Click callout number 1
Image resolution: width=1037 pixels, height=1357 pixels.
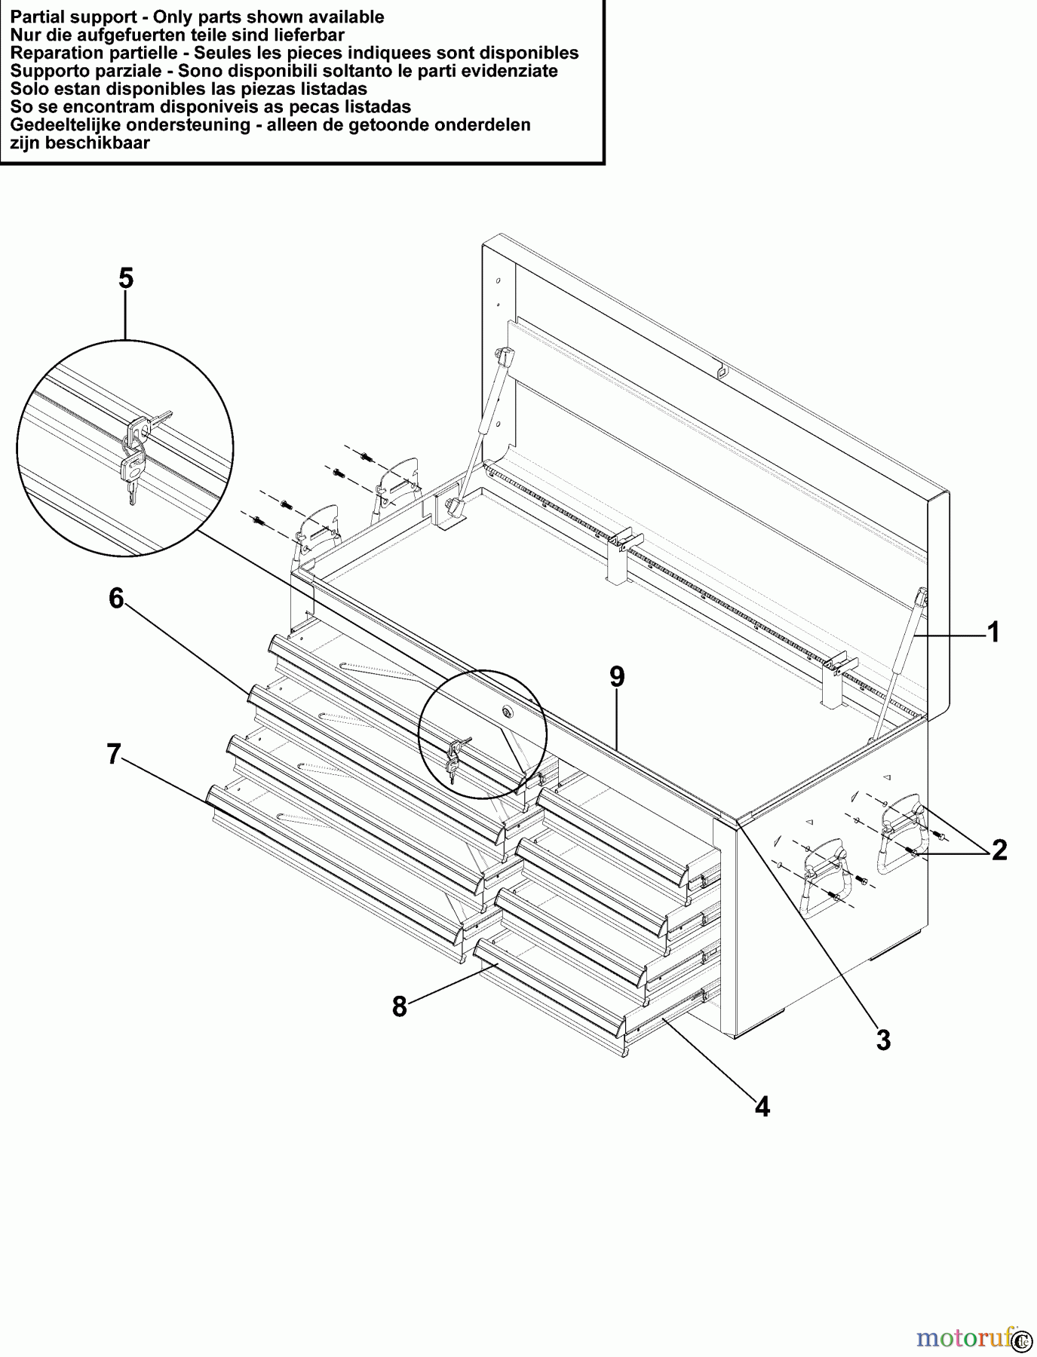pos(993,633)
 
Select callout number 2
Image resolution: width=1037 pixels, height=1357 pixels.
pos(999,850)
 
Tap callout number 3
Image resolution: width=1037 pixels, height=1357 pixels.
pos(883,1040)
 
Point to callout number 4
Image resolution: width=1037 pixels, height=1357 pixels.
pos(762,1107)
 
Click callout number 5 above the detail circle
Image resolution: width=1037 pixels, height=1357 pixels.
pos(126,279)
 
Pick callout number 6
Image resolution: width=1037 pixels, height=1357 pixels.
pos(116,599)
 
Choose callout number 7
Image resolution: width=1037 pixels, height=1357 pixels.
pos(114,754)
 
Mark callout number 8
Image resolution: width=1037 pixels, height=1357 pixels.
pos(400,1006)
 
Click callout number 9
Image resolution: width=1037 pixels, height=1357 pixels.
pos(617,677)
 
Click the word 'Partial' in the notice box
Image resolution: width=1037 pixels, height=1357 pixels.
pos(36,17)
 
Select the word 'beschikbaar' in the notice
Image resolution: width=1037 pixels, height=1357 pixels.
pos(98,143)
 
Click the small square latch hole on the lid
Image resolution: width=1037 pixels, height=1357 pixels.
pos(723,370)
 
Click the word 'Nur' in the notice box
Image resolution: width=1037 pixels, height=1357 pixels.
pos(23,35)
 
